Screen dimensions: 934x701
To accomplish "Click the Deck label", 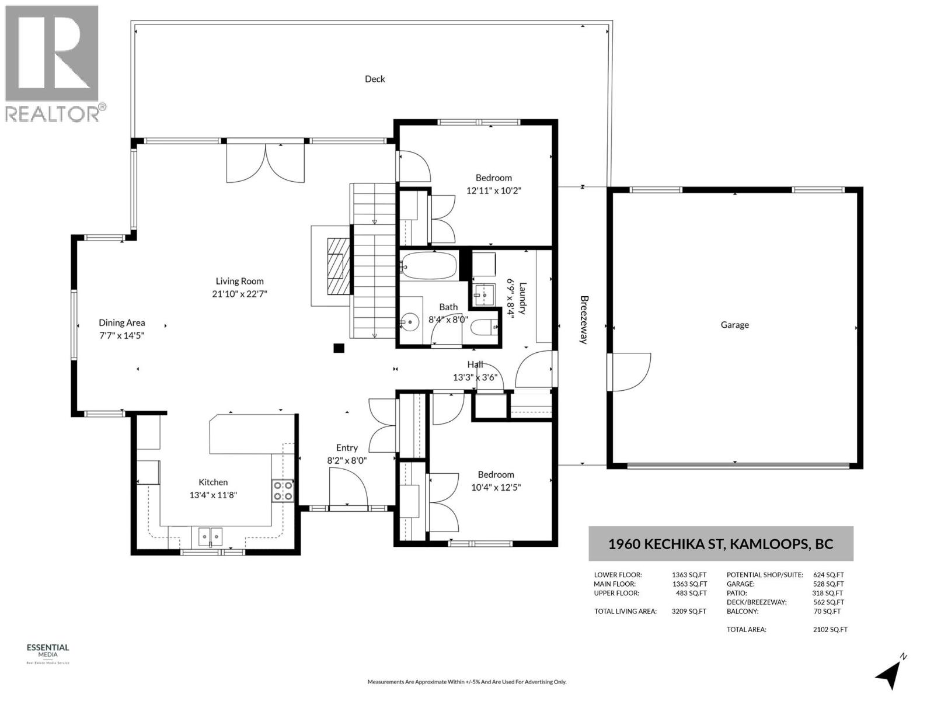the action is [374, 79].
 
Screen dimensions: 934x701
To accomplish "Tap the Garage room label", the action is [734, 325].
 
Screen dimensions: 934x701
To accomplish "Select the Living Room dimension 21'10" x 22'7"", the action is [239, 294].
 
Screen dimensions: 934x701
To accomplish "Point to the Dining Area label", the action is [121, 322].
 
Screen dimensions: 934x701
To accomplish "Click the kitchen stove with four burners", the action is [283, 491].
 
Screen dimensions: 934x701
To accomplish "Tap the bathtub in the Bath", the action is [428, 266].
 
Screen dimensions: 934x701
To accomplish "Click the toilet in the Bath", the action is [485, 327].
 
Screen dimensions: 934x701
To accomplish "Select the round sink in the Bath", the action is [410, 322].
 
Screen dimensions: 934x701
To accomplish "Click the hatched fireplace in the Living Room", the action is [339, 266].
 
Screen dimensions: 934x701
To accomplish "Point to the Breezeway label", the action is [584, 320].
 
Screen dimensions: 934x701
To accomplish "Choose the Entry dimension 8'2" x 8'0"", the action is [347, 460].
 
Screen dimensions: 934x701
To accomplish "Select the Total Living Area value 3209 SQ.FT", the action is [689, 611].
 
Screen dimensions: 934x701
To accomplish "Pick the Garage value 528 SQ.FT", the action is [828, 584].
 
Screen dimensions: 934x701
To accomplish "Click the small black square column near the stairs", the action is [338, 348].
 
